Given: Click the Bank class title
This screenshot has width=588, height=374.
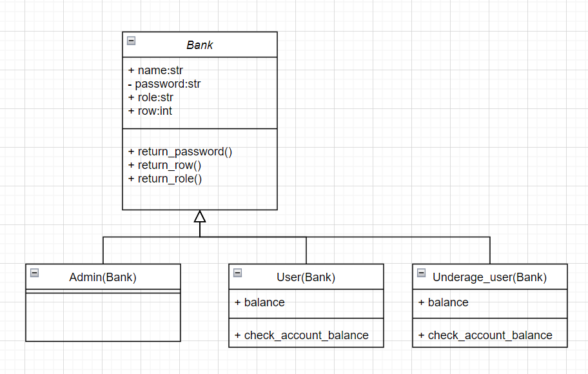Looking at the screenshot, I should tap(200, 45).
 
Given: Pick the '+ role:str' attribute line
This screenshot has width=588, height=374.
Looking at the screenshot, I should tap(151, 97).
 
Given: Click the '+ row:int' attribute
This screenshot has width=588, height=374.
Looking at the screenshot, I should tap(150, 111).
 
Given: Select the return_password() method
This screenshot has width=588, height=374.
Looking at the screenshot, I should tap(180, 152).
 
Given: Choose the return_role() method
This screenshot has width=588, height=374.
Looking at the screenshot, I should tap(165, 179).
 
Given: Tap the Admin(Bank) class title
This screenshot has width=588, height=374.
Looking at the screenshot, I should tap(103, 277).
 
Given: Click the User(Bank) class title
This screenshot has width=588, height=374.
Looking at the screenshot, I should tap(306, 277).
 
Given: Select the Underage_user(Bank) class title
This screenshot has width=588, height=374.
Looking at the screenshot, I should tap(490, 277).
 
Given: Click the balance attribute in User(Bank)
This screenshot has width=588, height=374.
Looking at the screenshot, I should tap(260, 302).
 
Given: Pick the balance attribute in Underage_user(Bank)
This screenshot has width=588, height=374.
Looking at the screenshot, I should tap(444, 302).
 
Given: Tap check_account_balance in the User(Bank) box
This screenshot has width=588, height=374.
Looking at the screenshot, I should tap(302, 335).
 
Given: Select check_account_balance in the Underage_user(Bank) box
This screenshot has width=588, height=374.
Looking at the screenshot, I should tap(485, 335).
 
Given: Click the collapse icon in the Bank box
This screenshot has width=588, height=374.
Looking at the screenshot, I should tap(132, 41).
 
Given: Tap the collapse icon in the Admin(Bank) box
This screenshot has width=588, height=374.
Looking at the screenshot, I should tap(35, 273).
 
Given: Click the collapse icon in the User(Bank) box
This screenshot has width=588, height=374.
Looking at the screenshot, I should tap(238, 273).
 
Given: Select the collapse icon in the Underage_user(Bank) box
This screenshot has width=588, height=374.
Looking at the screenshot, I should tap(422, 273).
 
